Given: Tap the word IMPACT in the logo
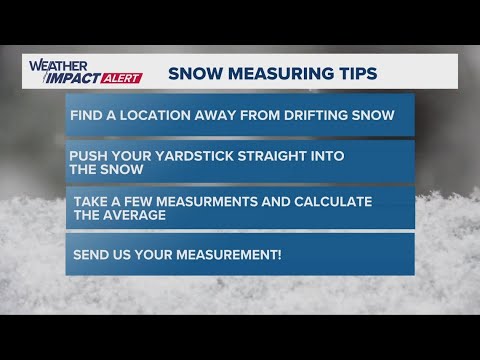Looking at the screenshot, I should click(62, 77).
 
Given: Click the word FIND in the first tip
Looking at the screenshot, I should click(87, 115).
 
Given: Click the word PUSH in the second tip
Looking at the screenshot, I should click(87, 156).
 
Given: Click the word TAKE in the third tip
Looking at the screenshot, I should click(92, 201).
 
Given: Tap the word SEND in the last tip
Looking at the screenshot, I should click(91, 255).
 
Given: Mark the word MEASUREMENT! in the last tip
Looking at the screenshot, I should click(227, 255).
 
